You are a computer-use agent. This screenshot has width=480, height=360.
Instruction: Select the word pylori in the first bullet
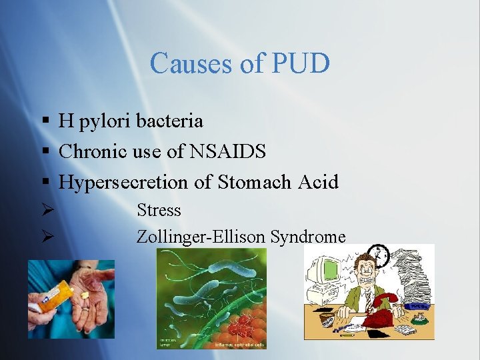(105, 121)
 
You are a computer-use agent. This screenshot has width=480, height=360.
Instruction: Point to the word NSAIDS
(228, 151)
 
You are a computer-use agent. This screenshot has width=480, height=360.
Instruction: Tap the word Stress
(159, 211)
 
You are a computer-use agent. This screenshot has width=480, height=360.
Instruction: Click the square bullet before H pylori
(45, 121)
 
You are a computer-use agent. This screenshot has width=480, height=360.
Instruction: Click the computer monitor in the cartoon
(329, 273)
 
